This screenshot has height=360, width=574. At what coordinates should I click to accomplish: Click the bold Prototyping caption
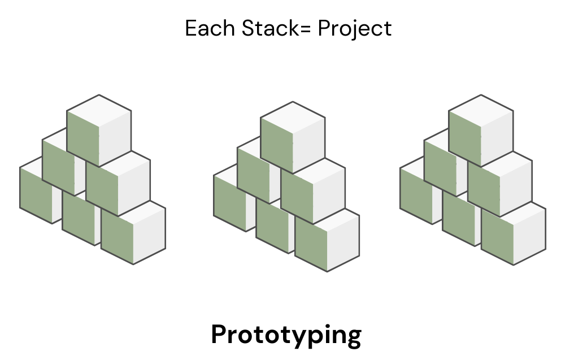click(x=286, y=335)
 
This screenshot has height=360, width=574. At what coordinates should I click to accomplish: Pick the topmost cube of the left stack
click(x=99, y=130)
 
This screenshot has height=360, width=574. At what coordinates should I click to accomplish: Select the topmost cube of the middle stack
click(x=293, y=137)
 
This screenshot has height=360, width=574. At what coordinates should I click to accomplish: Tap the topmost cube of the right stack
click(x=481, y=130)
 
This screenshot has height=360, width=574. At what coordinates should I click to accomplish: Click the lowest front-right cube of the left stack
click(x=133, y=233)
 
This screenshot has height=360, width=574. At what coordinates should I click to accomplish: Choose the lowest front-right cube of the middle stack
click(x=327, y=240)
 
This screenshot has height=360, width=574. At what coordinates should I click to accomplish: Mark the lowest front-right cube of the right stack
click(x=514, y=233)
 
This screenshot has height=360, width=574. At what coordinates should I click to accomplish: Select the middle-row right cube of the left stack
click(x=119, y=184)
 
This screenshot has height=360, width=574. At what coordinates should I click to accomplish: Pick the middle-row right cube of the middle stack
click(x=312, y=191)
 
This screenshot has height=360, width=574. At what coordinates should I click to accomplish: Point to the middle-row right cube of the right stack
click(x=500, y=184)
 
